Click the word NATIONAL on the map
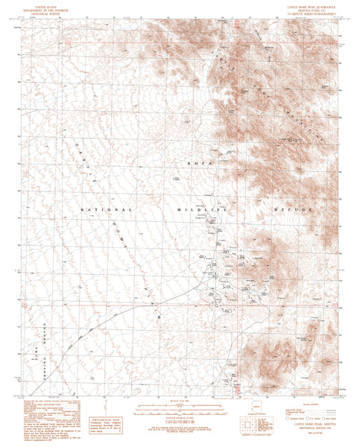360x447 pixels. [x=110, y=210]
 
